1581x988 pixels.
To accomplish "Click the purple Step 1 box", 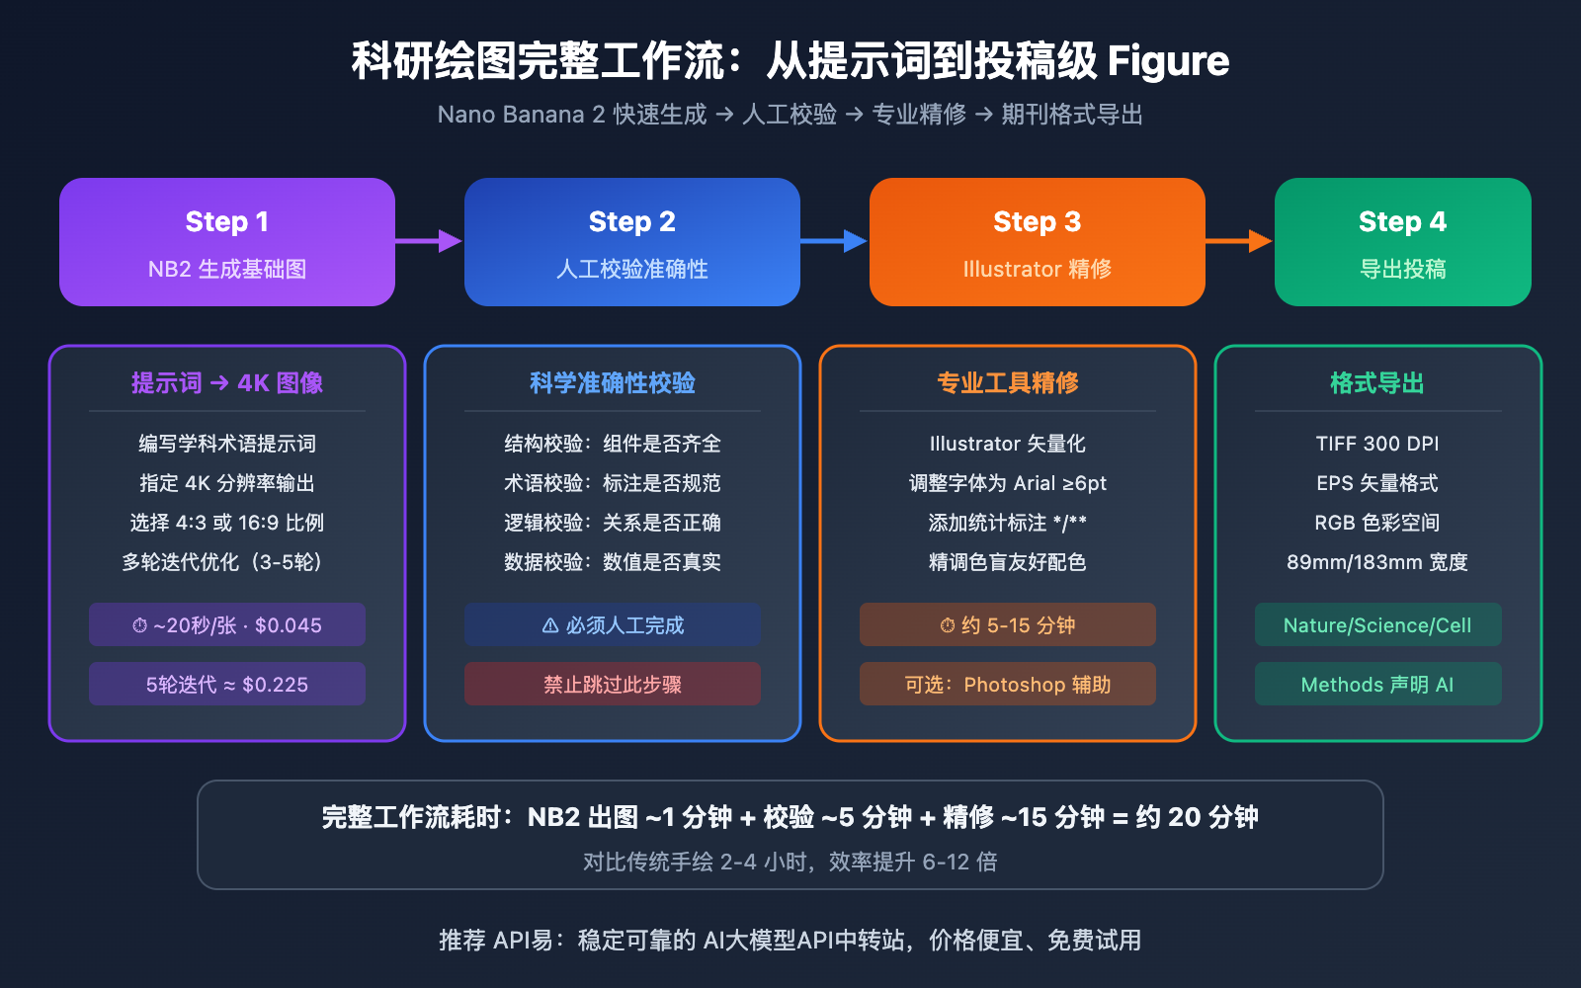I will pos(227,242).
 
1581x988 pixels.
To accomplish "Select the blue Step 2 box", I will pos(632,242).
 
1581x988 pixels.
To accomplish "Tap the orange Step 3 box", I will pos(1038,242).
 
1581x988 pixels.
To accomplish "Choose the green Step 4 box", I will pos(1403,242).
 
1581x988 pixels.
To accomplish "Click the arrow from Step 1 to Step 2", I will pos(429,240).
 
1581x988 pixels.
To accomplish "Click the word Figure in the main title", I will pos(1168,61).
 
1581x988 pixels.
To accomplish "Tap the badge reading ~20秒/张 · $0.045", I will pos(227,624).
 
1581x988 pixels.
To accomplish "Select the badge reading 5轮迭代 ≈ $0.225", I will pos(227,684).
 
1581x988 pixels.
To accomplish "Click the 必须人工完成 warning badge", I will pos(613,624).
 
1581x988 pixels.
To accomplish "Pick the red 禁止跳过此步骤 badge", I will pos(613,684).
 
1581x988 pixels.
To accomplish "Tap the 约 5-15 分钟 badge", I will pos(1008,624).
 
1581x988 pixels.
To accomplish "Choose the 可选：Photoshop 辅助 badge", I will pos(1008,684).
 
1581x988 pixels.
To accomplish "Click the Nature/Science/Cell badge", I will pos(1377,624).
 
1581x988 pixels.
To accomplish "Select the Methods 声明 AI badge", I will pos(1377,684).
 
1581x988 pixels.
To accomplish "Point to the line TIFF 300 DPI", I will pos(1377,444).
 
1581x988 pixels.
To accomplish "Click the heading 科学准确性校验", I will pos(613,383).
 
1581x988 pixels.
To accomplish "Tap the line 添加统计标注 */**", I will pos(1008,523).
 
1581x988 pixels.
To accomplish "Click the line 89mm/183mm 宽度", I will pos(1377,562).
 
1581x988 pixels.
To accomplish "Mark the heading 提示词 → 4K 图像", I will pos(227,383).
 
